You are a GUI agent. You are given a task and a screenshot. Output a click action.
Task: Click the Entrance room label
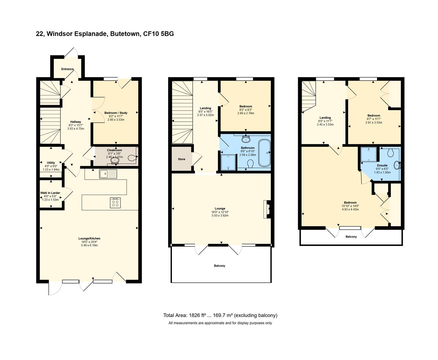coord(67,69)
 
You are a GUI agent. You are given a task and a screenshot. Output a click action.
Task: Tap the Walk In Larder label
coord(50,193)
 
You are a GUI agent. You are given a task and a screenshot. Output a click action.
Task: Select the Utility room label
coord(51,163)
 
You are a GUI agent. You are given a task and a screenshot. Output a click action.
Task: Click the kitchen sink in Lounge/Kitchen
coord(108,174)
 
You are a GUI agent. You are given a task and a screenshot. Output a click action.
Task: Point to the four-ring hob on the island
coord(115,203)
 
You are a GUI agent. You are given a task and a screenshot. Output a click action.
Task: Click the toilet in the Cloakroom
coord(132,158)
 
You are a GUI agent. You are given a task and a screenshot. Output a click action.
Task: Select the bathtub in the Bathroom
coord(264,153)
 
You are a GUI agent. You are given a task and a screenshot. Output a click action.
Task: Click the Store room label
coord(182,159)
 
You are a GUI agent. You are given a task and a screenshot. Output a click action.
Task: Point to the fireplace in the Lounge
coord(267,209)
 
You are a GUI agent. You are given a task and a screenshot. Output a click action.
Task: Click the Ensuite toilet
coord(390,153)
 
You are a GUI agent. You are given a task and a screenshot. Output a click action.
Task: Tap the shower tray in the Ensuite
coord(368,154)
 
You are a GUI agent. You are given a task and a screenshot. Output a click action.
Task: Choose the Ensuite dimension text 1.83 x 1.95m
coord(382,173)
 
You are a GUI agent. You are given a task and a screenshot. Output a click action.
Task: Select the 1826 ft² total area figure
coord(197,315)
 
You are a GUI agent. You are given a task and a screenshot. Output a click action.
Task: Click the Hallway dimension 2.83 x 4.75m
coord(76,129)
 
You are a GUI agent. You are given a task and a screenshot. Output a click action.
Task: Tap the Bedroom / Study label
coord(116,113)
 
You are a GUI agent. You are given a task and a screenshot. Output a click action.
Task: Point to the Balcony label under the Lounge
coord(219,266)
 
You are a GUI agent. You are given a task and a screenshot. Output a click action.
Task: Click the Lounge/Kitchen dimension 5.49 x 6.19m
coord(89,245)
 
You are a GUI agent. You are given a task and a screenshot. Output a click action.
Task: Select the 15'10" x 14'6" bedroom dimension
coord(350,206)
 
